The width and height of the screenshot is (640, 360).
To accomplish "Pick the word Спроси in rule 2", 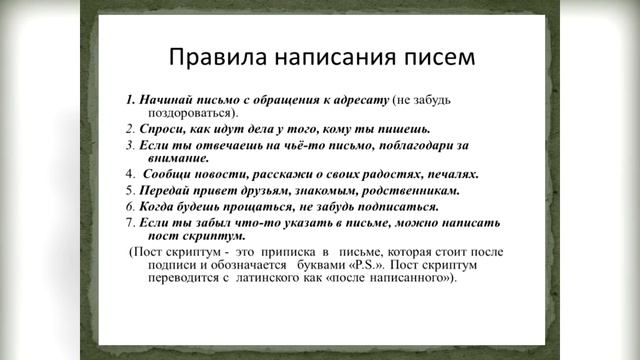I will point(162,130).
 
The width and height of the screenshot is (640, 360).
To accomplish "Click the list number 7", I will point(130,221).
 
